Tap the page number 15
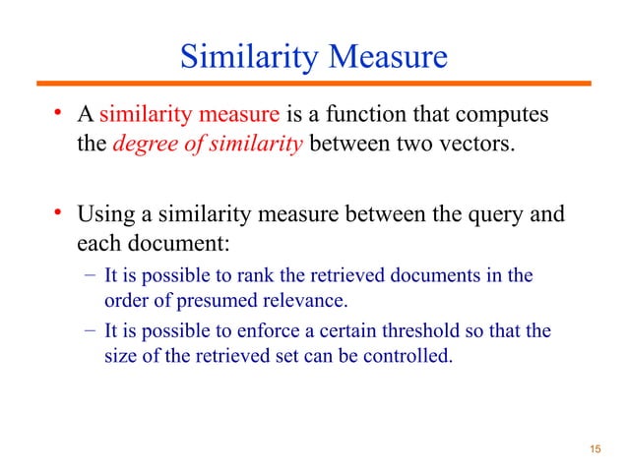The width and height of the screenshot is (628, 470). point(593,449)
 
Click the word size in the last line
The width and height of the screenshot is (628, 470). point(119,355)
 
